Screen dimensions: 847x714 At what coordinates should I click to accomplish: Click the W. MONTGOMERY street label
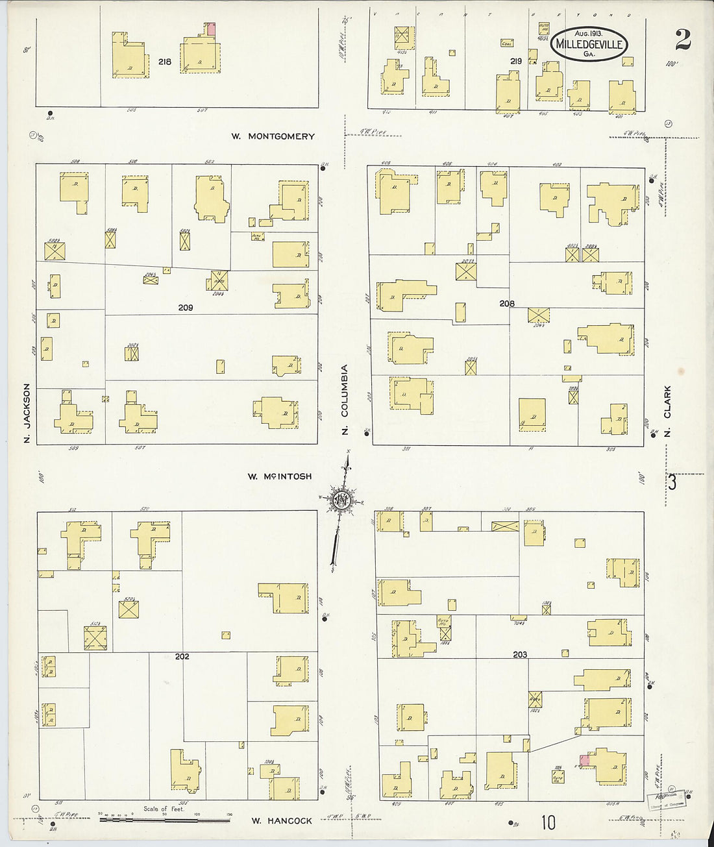point(273,136)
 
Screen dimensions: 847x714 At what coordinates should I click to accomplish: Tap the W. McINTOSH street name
point(279,476)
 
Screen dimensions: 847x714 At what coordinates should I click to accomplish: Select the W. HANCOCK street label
point(282,820)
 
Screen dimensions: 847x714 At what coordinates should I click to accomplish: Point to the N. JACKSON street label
point(27,413)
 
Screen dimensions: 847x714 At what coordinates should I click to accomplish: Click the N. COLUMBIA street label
point(345,399)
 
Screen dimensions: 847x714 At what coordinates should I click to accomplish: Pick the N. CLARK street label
point(667,411)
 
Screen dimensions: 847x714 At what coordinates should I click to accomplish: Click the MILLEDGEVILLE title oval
point(589,44)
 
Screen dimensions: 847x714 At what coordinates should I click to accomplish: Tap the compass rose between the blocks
point(341,500)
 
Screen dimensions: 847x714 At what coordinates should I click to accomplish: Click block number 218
point(165,62)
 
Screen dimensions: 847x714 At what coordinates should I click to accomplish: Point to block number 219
point(516,61)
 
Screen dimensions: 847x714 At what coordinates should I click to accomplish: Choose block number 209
point(186,307)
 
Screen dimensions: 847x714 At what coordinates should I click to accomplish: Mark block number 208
point(507,303)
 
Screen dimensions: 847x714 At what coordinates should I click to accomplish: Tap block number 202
point(182,656)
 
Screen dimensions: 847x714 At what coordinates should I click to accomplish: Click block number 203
point(520,654)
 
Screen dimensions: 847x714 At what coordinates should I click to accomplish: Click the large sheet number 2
point(682,40)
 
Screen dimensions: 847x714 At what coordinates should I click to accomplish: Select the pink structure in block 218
point(210,29)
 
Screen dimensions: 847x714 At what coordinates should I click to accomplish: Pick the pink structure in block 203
point(585,759)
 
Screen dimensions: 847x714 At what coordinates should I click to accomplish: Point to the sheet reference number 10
point(548,822)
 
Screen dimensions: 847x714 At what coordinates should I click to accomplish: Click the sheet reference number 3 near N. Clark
point(672,482)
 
